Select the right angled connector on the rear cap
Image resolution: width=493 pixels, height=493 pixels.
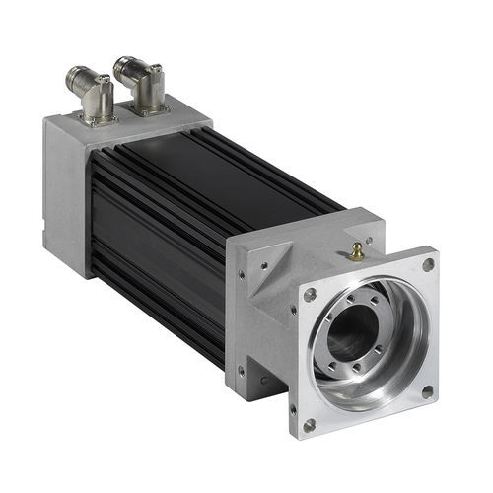[x=143, y=84]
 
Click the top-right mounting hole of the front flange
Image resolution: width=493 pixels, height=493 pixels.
[x=427, y=265]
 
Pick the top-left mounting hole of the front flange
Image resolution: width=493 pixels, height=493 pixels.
[x=310, y=295]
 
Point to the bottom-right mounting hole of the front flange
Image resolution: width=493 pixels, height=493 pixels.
[x=426, y=391]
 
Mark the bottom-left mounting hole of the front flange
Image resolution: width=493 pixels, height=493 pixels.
[x=309, y=425]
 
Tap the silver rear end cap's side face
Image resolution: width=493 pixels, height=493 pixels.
[x=64, y=197]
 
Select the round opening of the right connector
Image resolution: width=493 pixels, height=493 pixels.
[x=122, y=67]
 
